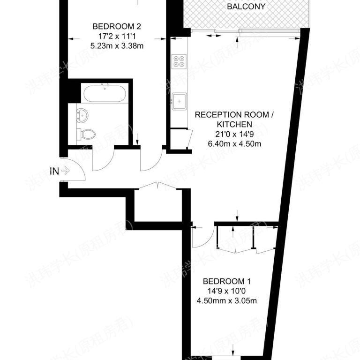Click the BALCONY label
[246, 7]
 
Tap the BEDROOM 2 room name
[117, 26]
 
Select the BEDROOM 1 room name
[227, 281]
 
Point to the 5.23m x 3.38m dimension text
[117, 45]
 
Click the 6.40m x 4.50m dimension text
[234, 144]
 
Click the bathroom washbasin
[83, 114]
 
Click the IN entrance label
[54, 171]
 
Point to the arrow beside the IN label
[65, 171]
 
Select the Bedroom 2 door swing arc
[150, 161]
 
